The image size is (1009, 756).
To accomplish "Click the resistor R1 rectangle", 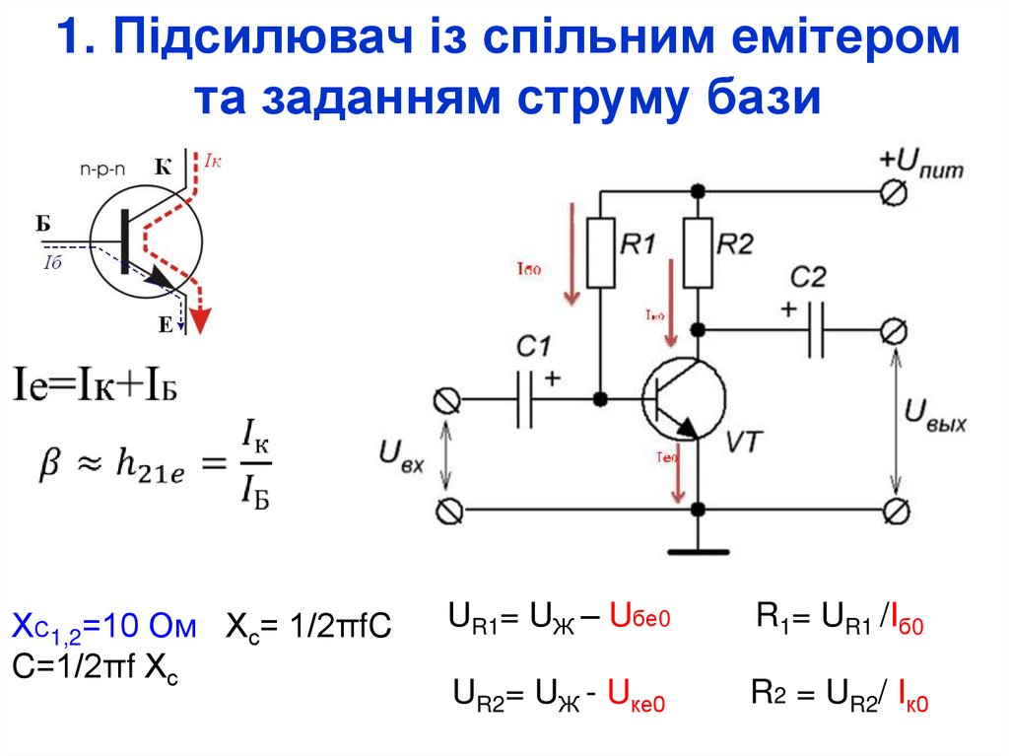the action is pyautogui.click(x=601, y=253).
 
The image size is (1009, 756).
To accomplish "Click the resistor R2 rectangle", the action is pyautogui.click(x=699, y=253).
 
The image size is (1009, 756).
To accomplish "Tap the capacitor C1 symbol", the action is pyautogui.click(x=527, y=398).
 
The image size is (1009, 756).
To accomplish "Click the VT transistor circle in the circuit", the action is pyautogui.click(x=683, y=400).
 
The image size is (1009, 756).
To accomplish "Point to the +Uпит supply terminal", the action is pyautogui.click(x=894, y=193).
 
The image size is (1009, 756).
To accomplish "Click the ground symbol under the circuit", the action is pyautogui.click(x=699, y=548).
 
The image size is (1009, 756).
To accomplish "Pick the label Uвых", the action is pyautogui.click(x=936, y=413).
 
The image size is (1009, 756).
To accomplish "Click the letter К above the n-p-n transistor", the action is pyautogui.click(x=163, y=167).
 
